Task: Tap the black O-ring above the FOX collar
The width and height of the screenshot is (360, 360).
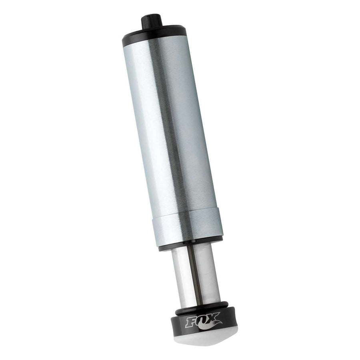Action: coord(202,307)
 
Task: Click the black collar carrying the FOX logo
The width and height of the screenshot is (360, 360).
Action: coord(204,322)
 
